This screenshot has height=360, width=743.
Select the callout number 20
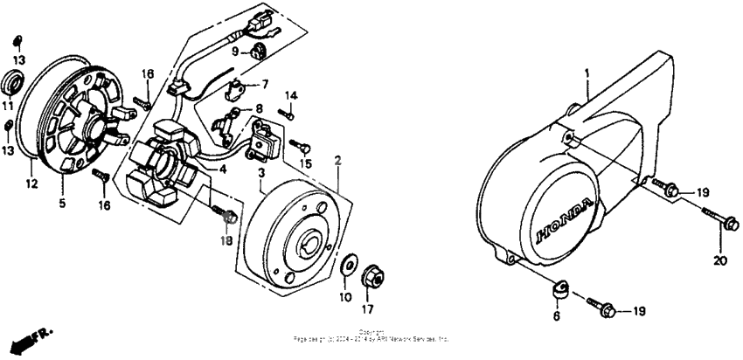[x=719, y=260]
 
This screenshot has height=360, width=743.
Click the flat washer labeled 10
[x=349, y=264]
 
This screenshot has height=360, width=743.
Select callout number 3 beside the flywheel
[x=260, y=176]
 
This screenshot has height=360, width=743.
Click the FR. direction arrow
[x=26, y=336]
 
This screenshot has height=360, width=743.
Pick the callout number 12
[x=31, y=183]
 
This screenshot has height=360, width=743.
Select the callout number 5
[x=61, y=204]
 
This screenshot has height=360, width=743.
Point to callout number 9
[x=234, y=52]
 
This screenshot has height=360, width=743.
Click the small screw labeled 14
[x=284, y=112]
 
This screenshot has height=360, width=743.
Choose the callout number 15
[x=305, y=163]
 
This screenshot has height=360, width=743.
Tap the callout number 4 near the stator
[x=223, y=169]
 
